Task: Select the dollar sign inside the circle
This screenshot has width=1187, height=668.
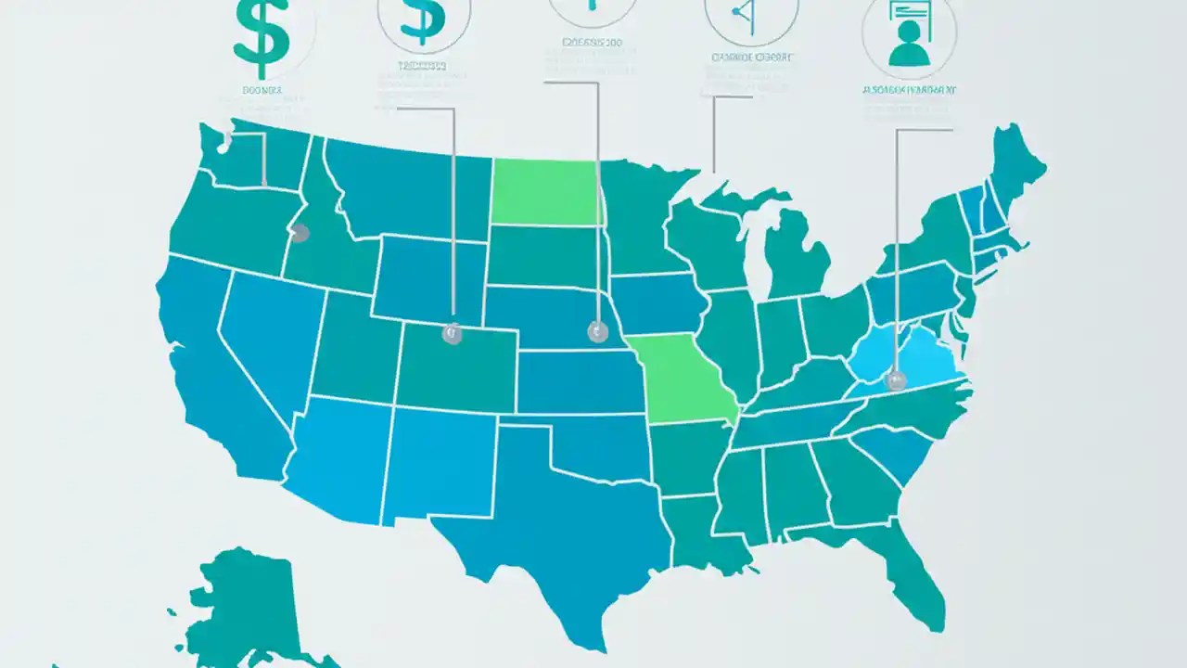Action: [x=422, y=20]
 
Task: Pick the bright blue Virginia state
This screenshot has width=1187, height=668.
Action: [x=913, y=357]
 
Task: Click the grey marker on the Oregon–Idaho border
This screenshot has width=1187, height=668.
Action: [x=299, y=233]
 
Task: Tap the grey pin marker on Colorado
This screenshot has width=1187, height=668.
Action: [x=452, y=334]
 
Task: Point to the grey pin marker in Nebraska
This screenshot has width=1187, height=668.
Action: [x=596, y=330]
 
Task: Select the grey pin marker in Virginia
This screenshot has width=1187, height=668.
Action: [x=895, y=379]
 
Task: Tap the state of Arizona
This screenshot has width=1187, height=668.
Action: [x=338, y=455]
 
